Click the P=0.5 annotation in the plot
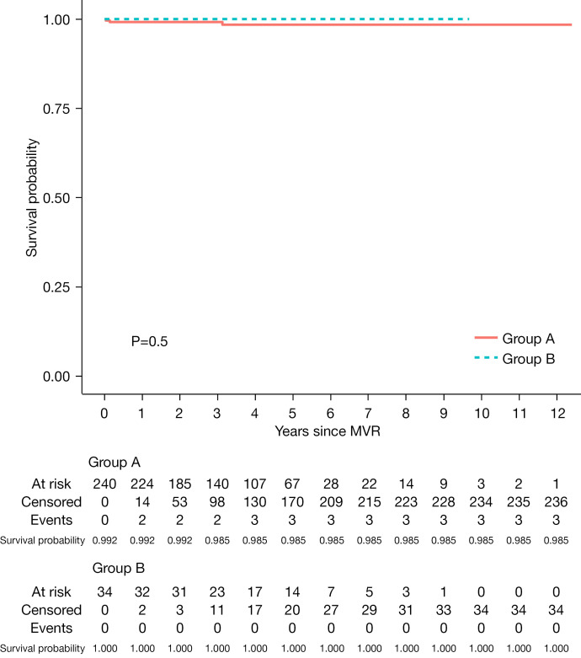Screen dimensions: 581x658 point(149,341)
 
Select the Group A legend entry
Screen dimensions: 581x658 point(514,338)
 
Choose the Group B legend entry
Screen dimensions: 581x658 point(514,359)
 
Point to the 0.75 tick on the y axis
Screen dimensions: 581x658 point(56,110)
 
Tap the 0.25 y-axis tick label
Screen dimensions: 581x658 point(56,287)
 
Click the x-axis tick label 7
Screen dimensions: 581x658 point(368,414)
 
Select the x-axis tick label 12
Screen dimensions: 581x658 point(557,414)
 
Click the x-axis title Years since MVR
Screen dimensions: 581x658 point(328,431)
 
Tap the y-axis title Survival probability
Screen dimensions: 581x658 point(32,198)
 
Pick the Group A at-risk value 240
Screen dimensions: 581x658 point(104,484)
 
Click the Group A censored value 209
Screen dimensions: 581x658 point(331,502)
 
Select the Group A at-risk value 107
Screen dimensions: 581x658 point(255,484)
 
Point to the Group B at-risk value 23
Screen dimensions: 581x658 point(217,591)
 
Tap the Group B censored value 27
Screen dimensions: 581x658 point(331,610)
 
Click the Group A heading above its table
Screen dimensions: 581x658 point(115,462)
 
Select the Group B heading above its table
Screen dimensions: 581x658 point(118,568)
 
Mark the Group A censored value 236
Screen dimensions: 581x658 point(556,502)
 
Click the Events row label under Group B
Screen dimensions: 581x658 point(51,628)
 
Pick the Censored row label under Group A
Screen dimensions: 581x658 point(51,502)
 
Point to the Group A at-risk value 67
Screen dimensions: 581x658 point(292,484)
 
